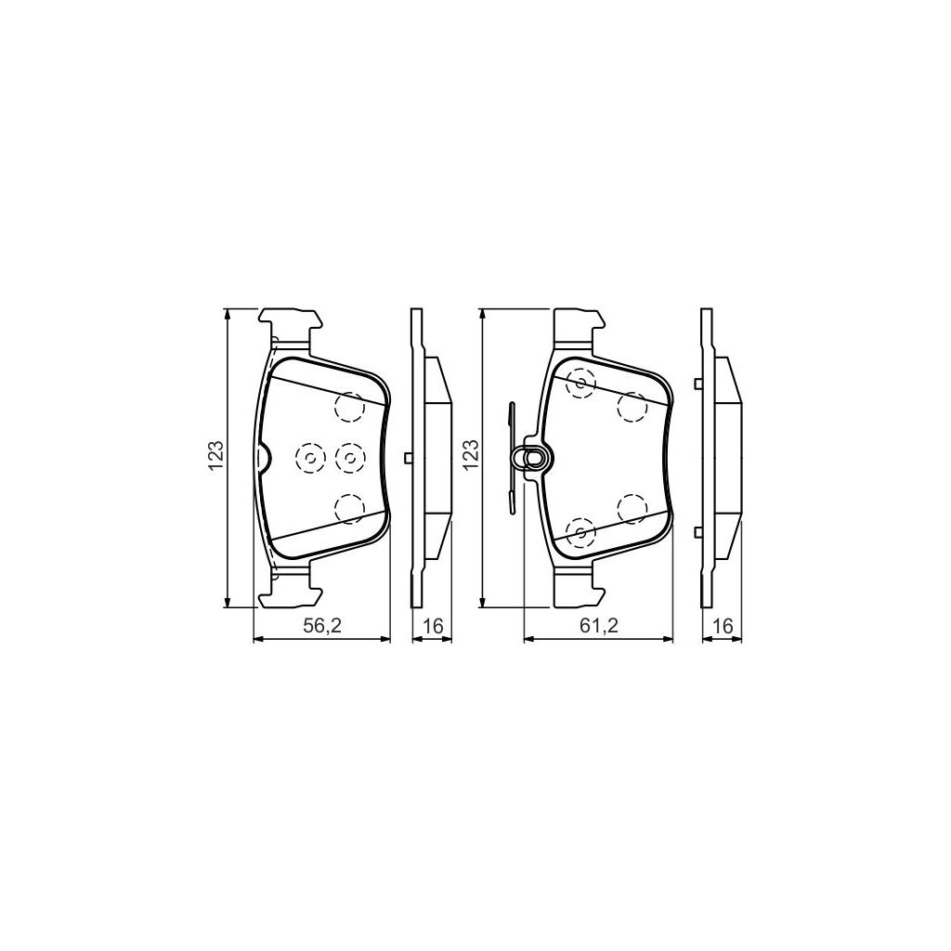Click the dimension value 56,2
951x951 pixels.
322,627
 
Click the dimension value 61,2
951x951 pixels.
599,627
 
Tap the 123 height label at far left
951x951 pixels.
215,456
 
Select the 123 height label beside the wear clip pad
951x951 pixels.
471,456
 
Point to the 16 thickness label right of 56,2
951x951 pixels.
432,627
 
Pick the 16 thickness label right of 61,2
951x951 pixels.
722,627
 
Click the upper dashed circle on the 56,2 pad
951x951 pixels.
349,406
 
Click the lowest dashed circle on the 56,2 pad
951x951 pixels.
349,507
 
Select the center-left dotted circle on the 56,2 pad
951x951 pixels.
308,456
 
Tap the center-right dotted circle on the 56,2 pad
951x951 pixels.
349,456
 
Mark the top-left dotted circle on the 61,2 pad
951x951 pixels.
581,382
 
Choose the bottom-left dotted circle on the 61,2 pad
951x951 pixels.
580,532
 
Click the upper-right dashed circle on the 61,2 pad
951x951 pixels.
632,406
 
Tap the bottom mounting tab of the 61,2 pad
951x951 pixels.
577,585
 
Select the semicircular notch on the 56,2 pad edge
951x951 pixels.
263,457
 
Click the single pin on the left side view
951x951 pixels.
409,457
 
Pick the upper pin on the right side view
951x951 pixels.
697,383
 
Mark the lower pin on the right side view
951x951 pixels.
697,532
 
